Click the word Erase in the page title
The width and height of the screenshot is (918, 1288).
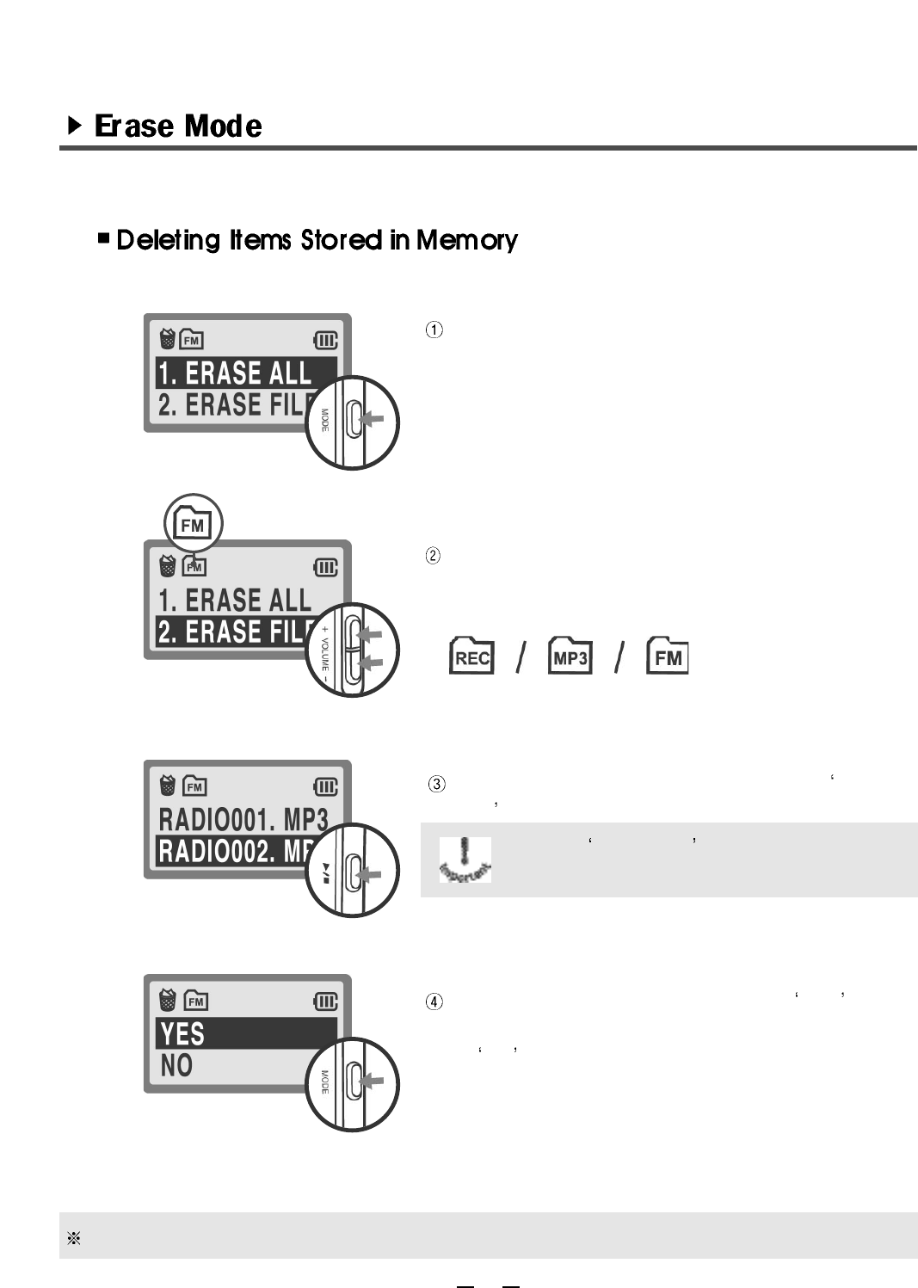click(x=133, y=126)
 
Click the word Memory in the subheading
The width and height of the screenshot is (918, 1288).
click(x=466, y=240)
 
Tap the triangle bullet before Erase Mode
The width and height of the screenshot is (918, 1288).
click(x=75, y=126)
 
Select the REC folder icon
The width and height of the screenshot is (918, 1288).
click(x=471, y=657)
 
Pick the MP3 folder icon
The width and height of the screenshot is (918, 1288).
click(x=570, y=657)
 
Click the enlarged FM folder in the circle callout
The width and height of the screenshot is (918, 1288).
click(x=193, y=523)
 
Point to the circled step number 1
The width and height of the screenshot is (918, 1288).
click(x=435, y=330)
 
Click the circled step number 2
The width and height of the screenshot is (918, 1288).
click(x=434, y=556)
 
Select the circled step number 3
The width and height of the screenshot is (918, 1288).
click(x=437, y=784)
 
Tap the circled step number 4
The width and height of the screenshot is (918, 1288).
click(x=435, y=1001)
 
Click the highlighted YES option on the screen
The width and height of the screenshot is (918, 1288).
click(x=182, y=1033)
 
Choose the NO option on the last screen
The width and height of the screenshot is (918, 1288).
click(x=176, y=1066)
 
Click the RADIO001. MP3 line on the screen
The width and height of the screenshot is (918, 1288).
click(x=243, y=819)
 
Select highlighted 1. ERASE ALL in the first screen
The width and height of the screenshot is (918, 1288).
click(x=234, y=373)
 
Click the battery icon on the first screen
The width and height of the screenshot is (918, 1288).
click(x=325, y=341)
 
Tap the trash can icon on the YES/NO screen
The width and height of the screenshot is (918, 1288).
click(x=169, y=1000)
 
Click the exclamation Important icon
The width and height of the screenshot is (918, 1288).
click(x=465, y=859)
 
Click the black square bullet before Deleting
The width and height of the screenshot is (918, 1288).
click(x=104, y=238)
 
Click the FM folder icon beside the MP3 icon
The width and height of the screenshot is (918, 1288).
click(x=668, y=657)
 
